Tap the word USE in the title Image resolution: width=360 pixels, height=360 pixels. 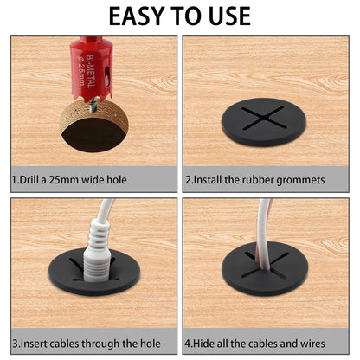click(222, 16)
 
